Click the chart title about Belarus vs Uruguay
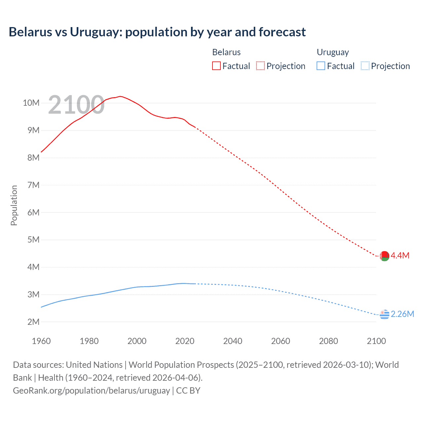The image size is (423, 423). (157, 32)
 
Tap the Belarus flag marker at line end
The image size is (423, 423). (384, 256)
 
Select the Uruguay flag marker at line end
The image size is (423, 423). (384, 314)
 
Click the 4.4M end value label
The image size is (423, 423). (400, 255)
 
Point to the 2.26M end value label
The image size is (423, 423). (403, 314)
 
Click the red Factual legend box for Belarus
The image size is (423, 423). (216, 66)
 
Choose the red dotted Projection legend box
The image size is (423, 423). (260, 66)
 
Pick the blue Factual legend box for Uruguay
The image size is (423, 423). (321, 66)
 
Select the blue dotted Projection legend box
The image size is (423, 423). (365, 66)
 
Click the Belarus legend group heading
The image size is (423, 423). (226, 52)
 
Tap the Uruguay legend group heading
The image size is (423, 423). (333, 52)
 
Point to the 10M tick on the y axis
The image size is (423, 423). (31, 103)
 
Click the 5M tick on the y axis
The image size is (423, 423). (33, 240)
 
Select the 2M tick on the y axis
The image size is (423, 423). (33, 322)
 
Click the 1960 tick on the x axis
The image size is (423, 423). (41, 341)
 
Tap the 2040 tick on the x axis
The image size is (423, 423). (233, 341)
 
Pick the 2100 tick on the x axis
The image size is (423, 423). (376, 341)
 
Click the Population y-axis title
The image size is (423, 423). (14, 205)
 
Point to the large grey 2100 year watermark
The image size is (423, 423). (76, 105)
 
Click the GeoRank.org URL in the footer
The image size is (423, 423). (91, 391)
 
